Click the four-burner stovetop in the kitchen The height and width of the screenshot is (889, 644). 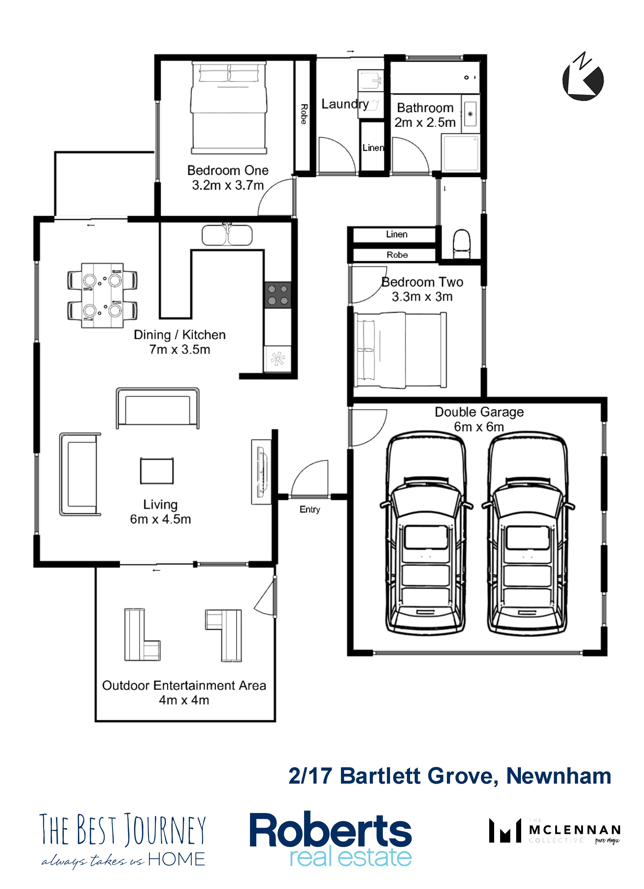pyautogui.click(x=277, y=295)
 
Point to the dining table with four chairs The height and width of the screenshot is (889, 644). pyautogui.click(x=102, y=295)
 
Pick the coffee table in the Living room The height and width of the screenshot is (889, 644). pyautogui.click(x=157, y=471)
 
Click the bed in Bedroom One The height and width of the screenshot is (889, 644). pyautogui.click(x=229, y=107)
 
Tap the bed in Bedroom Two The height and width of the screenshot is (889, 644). pyautogui.click(x=400, y=350)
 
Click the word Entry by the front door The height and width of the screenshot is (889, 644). pyautogui.click(x=310, y=509)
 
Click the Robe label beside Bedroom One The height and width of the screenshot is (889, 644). pyautogui.click(x=303, y=114)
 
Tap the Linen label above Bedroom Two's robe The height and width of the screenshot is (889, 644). pyautogui.click(x=397, y=234)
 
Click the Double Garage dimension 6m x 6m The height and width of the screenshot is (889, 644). pyautogui.click(x=479, y=427)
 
